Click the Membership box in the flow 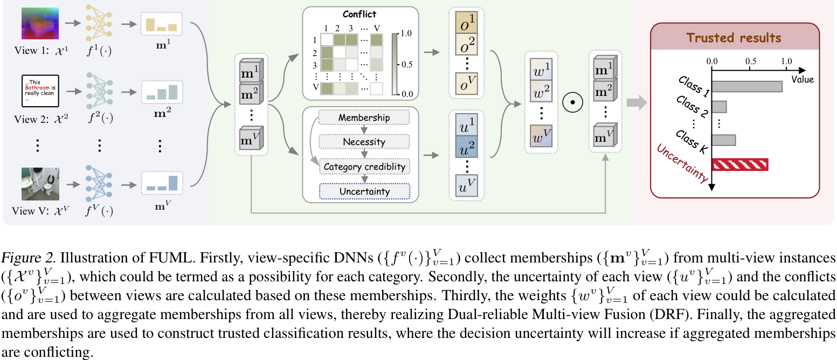(x=364, y=117)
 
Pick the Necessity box (x=364, y=142)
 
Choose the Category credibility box (x=364, y=167)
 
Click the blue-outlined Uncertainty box (x=364, y=191)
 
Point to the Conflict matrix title (x=359, y=15)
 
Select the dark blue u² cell (x=466, y=144)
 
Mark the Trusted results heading (x=734, y=38)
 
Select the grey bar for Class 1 (x=748, y=86)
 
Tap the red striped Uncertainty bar (x=740, y=164)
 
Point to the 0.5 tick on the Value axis (x=751, y=61)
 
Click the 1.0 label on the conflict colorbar (x=408, y=33)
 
